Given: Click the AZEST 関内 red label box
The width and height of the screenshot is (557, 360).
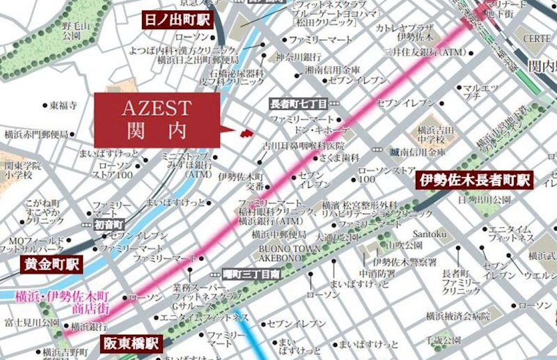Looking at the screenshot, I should click(x=156, y=118).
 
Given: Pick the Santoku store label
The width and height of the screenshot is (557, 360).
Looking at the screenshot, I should click(x=427, y=234).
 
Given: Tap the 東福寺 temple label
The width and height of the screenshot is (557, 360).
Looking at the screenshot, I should click(x=63, y=106).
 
